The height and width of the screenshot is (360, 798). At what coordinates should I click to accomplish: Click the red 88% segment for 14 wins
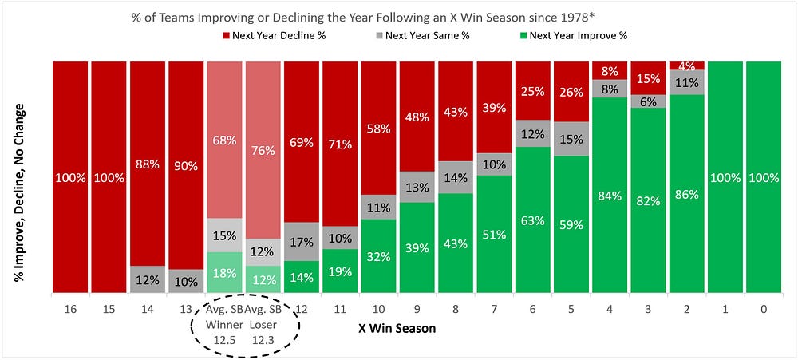tap(148, 164)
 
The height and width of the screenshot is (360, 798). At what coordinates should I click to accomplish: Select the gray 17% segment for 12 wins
tap(302, 242)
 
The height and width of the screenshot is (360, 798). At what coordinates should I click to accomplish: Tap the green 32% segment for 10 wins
tap(378, 256)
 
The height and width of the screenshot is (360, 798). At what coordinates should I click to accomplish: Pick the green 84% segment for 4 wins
tap(610, 195)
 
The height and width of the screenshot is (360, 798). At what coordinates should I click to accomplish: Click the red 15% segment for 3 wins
tap(648, 78)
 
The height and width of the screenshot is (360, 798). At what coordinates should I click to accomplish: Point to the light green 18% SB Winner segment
tap(224, 272)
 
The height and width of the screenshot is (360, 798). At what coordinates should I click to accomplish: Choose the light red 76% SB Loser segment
tap(263, 150)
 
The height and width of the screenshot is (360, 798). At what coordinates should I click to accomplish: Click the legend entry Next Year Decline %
tap(275, 36)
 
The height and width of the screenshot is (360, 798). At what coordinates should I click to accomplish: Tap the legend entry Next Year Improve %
tap(574, 36)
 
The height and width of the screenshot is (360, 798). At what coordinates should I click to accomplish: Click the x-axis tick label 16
tap(70, 309)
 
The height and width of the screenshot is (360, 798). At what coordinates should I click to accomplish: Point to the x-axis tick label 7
tap(494, 309)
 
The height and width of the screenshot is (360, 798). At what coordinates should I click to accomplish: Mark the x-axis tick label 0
tap(764, 309)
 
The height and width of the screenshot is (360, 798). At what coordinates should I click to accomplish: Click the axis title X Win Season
tap(397, 328)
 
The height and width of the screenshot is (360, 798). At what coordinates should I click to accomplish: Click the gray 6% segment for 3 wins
tap(648, 101)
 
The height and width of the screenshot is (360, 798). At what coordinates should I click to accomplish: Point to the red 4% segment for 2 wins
tap(687, 65)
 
